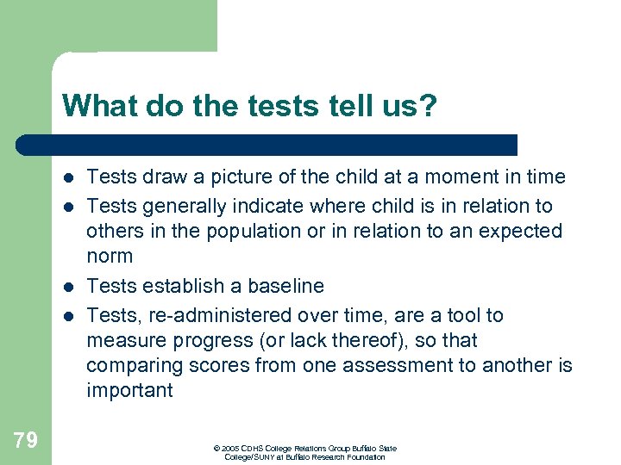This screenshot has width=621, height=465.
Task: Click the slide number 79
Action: point(25,441)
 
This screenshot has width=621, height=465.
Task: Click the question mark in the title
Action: point(428,106)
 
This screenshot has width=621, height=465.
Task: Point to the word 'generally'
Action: point(183,207)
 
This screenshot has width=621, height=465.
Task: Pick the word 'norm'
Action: point(110,257)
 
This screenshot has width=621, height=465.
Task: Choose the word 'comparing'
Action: point(128,366)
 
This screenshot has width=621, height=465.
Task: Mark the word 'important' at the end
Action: point(129,391)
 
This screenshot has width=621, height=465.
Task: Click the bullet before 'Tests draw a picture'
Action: point(67,178)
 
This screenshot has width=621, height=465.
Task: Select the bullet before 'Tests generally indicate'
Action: point(67,208)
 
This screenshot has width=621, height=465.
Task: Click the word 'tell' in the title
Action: point(331,106)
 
